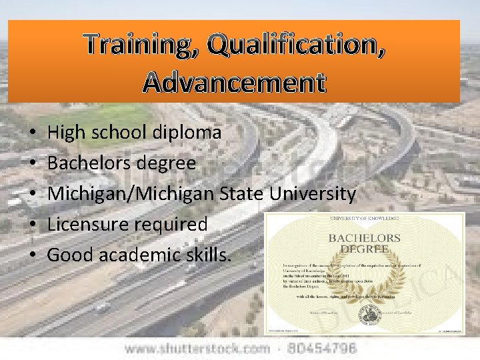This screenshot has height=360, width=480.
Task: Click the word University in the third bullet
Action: pos(313,194)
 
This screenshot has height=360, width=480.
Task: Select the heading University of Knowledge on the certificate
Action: pos(364,219)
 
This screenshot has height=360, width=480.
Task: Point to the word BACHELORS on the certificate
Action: pos(363,238)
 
